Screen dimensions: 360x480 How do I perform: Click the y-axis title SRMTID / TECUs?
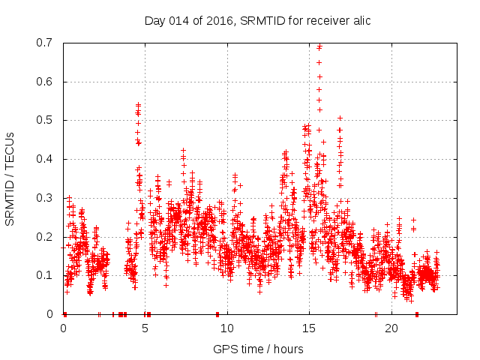pyautogui.click(x=10, y=178)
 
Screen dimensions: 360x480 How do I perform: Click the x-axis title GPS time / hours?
pyautogui.click(x=258, y=349)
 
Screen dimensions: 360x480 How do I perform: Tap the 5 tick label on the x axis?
pyautogui.click(x=145, y=328)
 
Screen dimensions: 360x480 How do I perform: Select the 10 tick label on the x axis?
pyautogui.click(x=227, y=328)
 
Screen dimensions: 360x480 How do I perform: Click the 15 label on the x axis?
pyautogui.click(x=309, y=328)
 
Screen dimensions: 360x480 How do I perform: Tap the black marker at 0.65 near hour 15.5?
pyautogui.click(x=319, y=62)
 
